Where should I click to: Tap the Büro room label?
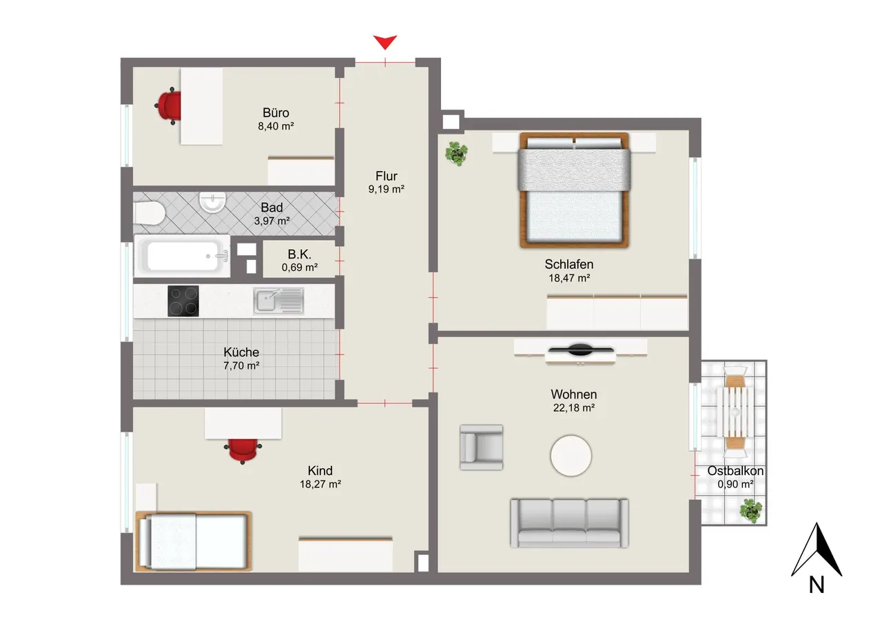pos(276,113)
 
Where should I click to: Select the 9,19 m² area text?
pos(386,189)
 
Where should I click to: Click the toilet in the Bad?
pos(150,213)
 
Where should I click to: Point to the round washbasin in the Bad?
pos(213,202)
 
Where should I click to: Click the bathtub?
pos(183,256)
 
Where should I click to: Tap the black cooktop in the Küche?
pos(183,301)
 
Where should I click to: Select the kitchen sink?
pos(278,301)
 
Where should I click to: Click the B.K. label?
pos(299,254)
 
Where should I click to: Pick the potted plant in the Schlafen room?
pos(456,153)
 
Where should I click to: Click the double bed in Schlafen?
pos(574,190)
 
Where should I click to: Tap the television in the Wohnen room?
pos(581,350)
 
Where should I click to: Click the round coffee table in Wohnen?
pos(571,455)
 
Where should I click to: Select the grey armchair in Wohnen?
pos(481,447)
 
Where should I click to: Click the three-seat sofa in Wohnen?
pos(569,523)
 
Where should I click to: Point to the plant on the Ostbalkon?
pos(751,510)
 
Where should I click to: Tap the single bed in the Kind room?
pos(194,541)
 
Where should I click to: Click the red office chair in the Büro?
pos(168,106)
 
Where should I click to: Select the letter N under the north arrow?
pos(817,585)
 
